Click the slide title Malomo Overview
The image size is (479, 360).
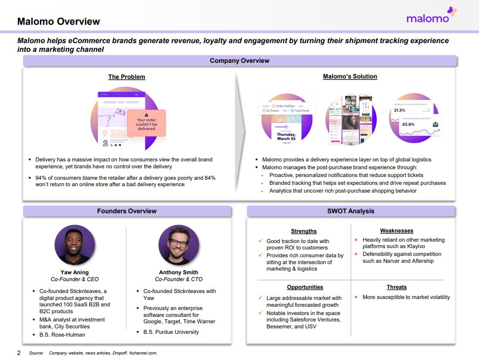tap(58, 22)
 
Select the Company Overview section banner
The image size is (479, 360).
tap(239, 61)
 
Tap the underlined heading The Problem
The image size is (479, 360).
tap(127, 77)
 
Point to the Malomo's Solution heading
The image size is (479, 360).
tap(350, 76)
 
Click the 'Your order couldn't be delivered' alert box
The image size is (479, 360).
tap(146, 123)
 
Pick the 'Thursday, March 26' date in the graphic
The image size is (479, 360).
tap(286, 136)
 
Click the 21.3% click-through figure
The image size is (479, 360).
tap(400, 111)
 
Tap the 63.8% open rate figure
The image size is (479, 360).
tap(408, 124)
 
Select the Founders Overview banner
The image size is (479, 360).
tap(127, 211)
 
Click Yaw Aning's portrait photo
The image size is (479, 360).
tap(75, 245)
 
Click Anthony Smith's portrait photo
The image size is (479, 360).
tap(178, 245)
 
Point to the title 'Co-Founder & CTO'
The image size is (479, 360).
tap(178, 279)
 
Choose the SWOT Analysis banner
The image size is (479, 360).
tap(351, 211)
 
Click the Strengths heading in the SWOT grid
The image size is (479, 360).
tap(304, 231)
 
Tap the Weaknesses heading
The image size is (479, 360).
tap(396, 231)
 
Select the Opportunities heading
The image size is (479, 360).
tap(305, 287)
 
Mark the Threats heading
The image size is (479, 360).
tap(396, 287)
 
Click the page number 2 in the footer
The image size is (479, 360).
tap(19, 353)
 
